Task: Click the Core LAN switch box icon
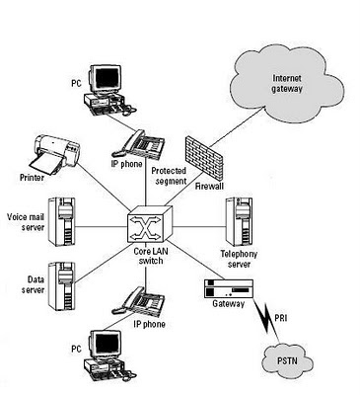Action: pos(150,225)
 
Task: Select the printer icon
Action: pos(55,154)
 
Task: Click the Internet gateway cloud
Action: pos(287,84)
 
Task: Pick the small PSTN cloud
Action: pos(287,360)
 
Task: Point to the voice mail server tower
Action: pos(61,221)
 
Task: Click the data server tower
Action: pos(61,286)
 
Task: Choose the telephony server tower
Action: pos(239,221)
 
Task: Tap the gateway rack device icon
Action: pos(229,288)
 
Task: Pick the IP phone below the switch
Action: pos(139,300)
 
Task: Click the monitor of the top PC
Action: pos(106,78)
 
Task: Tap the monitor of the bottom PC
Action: pos(106,344)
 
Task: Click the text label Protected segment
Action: pos(169,176)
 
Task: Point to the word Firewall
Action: pos(209,187)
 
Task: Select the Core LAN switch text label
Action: pos(151,256)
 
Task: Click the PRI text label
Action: pos(280,318)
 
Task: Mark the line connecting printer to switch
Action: pos(105,186)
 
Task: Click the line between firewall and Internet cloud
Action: pos(237,126)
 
